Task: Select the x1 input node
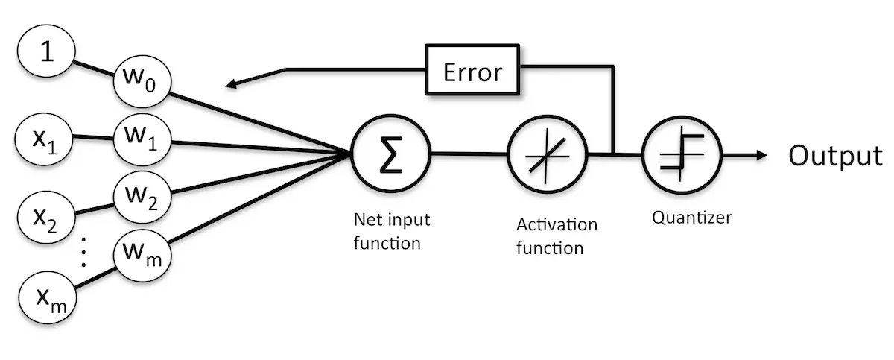click(44, 137)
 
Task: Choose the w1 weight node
click(142, 139)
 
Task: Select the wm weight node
click(142, 257)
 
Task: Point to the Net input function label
click(392, 232)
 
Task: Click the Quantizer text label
click(692, 218)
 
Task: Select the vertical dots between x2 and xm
click(83, 254)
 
